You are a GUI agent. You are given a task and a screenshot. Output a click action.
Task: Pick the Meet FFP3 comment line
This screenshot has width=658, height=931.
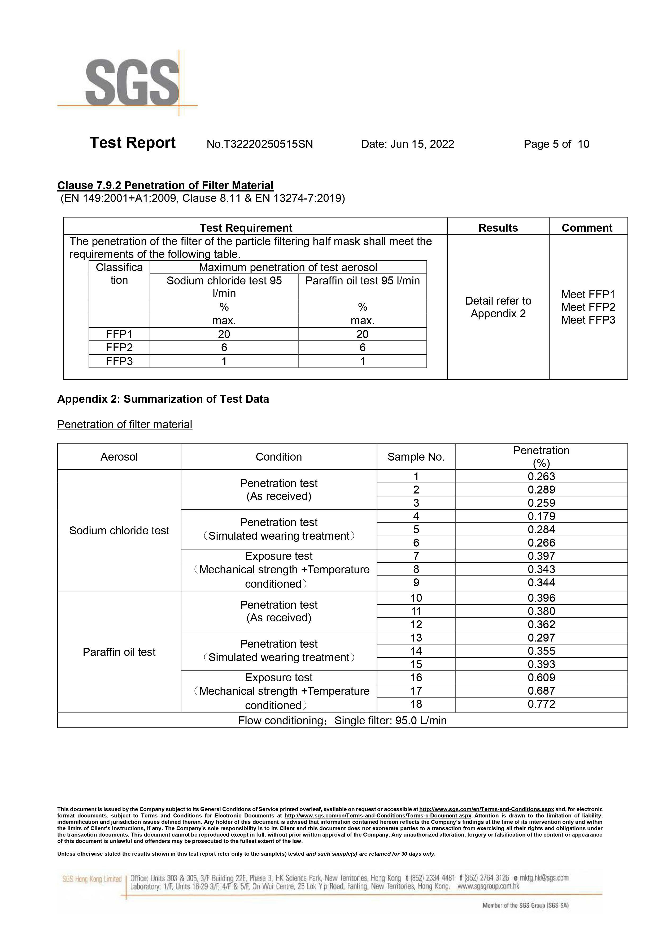click(588, 320)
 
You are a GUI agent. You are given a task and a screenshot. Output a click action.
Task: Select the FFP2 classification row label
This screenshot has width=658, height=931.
click(119, 348)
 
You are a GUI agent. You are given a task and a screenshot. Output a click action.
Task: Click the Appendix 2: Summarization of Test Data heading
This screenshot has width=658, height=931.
click(163, 399)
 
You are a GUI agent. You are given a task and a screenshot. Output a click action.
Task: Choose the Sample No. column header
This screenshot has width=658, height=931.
click(416, 457)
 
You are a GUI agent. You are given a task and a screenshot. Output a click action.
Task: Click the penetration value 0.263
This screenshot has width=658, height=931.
click(541, 477)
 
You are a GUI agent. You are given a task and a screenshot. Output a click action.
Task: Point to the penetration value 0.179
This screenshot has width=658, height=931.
click(541, 516)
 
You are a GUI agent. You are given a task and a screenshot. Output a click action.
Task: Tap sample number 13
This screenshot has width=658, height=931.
click(416, 638)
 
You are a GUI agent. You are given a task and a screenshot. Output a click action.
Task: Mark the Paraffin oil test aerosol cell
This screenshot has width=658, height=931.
click(119, 652)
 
